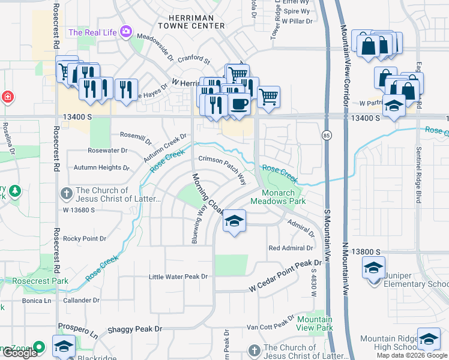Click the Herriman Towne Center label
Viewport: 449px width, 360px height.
point(191,22)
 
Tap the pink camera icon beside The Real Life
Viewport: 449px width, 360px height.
point(125,32)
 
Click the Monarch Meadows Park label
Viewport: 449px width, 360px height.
point(283,197)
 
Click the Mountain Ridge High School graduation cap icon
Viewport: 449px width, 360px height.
point(428,340)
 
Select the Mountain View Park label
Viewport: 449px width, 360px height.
point(315,323)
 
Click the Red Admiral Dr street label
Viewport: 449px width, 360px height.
point(291,248)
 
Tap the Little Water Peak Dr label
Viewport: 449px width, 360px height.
point(178,277)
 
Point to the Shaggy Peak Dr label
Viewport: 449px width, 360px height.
point(135,329)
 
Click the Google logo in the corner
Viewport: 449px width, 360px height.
point(19,353)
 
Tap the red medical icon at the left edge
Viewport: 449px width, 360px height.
point(7,96)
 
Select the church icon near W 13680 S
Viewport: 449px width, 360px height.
point(67,194)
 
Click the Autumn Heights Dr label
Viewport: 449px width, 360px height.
point(101,168)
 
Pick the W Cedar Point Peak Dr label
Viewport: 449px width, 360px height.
point(286,278)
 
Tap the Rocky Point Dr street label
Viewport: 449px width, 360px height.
point(85,238)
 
